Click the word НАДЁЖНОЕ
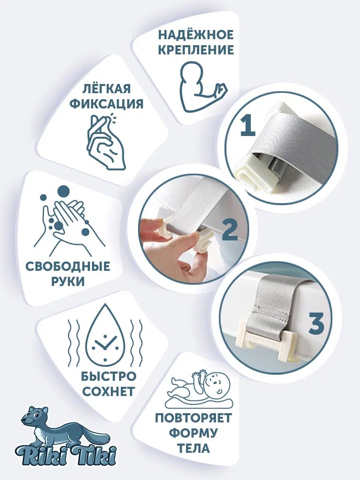pyautogui.click(x=196, y=35)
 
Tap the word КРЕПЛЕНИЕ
pyautogui.click(x=196, y=50)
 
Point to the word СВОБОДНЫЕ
pyautogui.click(x=68, y=266)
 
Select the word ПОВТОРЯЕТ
pyautogui.click(x=193, y=418)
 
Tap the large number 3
pyautogui.click(x=316, y=325)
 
